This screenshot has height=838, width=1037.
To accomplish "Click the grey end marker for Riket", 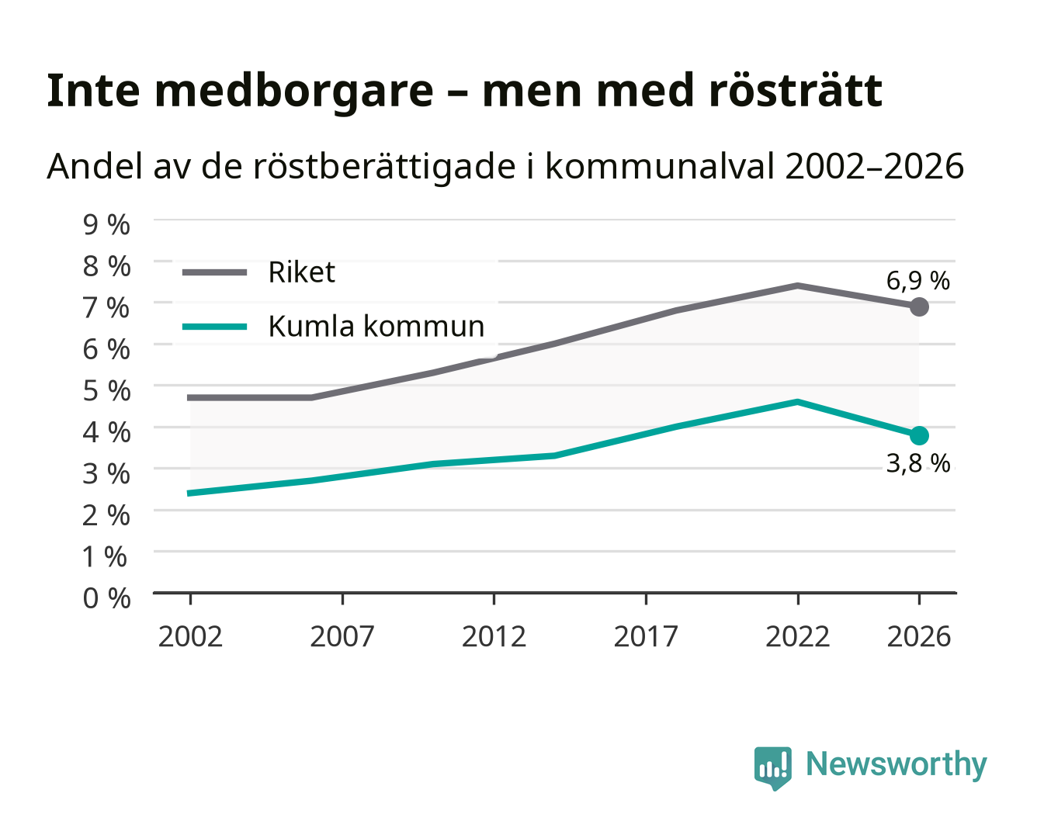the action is (x=919, y=306).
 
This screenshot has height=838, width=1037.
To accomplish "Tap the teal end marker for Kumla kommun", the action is (x=919, y=435).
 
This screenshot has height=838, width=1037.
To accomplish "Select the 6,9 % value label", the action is (x=917, y=281).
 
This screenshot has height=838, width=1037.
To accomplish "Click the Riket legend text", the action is (x=301, y=272).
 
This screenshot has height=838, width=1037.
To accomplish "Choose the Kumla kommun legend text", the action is (x=376, y=326).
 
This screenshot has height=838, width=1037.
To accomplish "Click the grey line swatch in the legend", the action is (x=214, y=272).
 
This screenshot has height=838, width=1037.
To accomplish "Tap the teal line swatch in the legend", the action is (x=214, y=327).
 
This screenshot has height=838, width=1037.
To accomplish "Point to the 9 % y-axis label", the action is (x=106, y=225).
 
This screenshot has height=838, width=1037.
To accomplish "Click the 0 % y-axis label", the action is (x=106, y=598).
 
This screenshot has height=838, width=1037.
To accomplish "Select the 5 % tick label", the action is (x=106, y=391).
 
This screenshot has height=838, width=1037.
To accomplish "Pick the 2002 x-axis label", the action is (x=190, y=636).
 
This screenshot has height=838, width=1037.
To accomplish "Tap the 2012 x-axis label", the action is (x=494, y=636).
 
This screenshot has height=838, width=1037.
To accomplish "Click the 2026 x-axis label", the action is (x=919, y=636).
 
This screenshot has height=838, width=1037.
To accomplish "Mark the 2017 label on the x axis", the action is (x=646, y=636).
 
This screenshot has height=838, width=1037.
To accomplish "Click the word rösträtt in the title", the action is (x=796, y=91).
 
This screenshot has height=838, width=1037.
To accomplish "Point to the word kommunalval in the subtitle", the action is (x=660, y=166).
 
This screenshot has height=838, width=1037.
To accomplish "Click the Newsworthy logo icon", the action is (x=772, y=768).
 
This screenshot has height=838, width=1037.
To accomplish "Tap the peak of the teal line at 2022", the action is (x=797, y=402).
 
